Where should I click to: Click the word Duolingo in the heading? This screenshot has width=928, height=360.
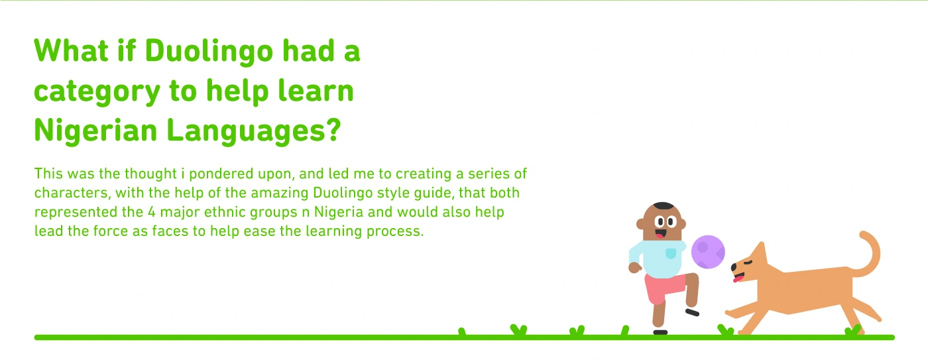pyautogui.click(x=209, y=52)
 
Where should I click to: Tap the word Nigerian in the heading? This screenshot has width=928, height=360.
pyautogui.click(x=95, y=130)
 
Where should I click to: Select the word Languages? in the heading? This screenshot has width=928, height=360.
pyautogui.click(x=253, y=131)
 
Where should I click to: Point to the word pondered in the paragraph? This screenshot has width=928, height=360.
pyautogui.click(x=221, y=174)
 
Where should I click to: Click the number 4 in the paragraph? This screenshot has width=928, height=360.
pyautogui.click(x=152, y=212)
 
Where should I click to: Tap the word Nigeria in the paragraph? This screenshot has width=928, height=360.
pyautogui.click(x=339, y=212)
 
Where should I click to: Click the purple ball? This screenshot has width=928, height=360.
pyautogui.click(x=708, y=251)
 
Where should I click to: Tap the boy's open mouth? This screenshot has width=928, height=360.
pyautogui.click(x=660, y=234)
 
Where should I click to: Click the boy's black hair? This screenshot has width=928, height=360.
pyautogui.click(x=663, y=206)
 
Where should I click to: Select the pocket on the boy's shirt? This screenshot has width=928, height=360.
pyautogui.click(x=671, y=253)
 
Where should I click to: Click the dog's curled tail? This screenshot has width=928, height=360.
pyautogui.click(x=868, y=254)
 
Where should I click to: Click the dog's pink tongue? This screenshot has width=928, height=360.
pyautogui.click(x=736, y=278)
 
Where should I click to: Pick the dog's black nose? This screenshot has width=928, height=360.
pyautogui.click(x=734, y=267)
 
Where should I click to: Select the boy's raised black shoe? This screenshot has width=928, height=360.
pyautogui.click(x=692, y=312)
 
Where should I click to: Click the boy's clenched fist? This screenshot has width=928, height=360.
pyautogui.click(x=635, y=268)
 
